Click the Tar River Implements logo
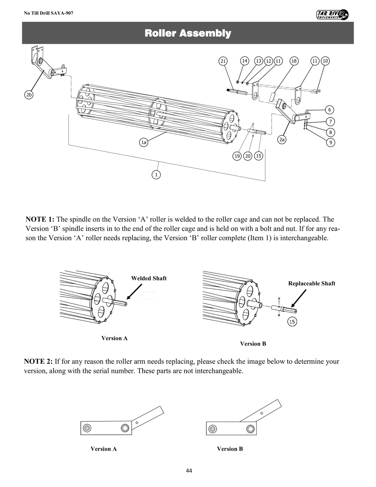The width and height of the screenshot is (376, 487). click(332, 14)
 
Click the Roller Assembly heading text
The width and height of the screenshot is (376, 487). click(188, 33)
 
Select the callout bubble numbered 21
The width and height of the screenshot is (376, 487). click(223, 61)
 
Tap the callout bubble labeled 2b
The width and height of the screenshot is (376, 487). click(29, 94)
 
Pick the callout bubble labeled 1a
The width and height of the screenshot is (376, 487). click(144, 143)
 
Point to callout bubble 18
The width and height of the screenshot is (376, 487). click(294, 61)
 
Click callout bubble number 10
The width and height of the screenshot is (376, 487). click(326, 61)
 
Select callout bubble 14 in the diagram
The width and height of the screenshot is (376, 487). click(244, 61)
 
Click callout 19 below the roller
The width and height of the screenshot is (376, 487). click(237, 156)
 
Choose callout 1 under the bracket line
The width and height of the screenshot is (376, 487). click(156, 174)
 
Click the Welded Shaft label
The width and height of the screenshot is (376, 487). click(149, 278)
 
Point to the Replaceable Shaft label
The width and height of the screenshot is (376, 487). click(311, 283)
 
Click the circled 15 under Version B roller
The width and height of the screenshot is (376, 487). click(292, 322)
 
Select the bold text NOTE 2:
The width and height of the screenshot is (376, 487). click(39, 362)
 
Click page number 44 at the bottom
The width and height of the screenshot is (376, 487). click(189, 471)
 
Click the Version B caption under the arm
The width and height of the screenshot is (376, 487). click(230, 449)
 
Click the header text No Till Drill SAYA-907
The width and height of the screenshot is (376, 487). click(49, 13)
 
